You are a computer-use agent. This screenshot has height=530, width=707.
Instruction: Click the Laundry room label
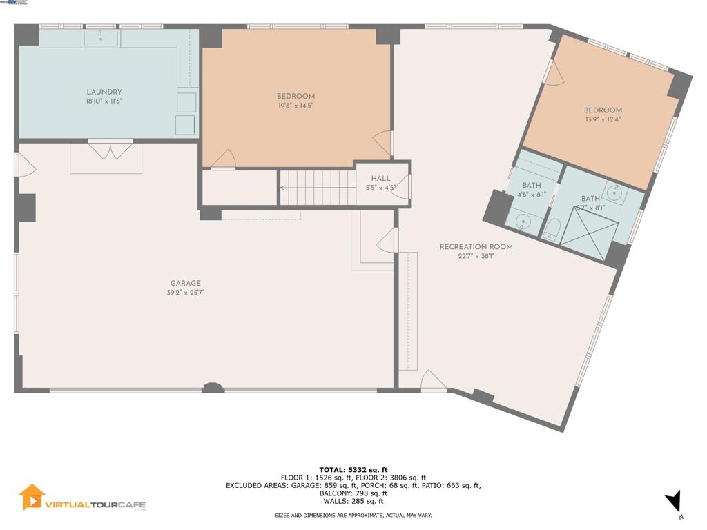(x=104, y=92)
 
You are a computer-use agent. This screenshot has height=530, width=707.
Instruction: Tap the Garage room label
(x=186, y=283)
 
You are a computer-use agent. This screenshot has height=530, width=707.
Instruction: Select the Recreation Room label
(x=476, y=246)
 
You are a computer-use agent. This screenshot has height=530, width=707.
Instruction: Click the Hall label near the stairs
(x=380, y=179)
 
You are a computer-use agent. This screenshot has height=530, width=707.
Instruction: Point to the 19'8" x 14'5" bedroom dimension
(x=296, y=106)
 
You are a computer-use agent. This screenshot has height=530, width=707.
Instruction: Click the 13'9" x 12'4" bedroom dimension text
(x=602, y=119)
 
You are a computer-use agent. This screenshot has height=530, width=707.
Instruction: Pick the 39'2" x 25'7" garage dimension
(x=186, y=293)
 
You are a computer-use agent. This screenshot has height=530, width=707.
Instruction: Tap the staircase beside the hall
(x=317, y=187)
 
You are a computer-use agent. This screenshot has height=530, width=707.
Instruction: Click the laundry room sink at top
(x=101, y=38)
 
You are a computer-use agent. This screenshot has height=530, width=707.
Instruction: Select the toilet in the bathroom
(x=552, y=228)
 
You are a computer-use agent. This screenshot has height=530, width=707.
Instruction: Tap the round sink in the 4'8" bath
(x=523, y=222)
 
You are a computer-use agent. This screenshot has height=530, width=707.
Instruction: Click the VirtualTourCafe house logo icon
(x=32, y=497)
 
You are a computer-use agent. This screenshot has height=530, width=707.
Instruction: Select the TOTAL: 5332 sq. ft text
(x=353, y=470)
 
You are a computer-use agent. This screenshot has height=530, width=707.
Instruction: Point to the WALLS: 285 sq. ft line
(x=353, y=501)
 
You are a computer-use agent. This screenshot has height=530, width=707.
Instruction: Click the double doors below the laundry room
(x=110, y=150)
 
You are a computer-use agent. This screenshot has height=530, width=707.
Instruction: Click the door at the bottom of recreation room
(x=433, y=382)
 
